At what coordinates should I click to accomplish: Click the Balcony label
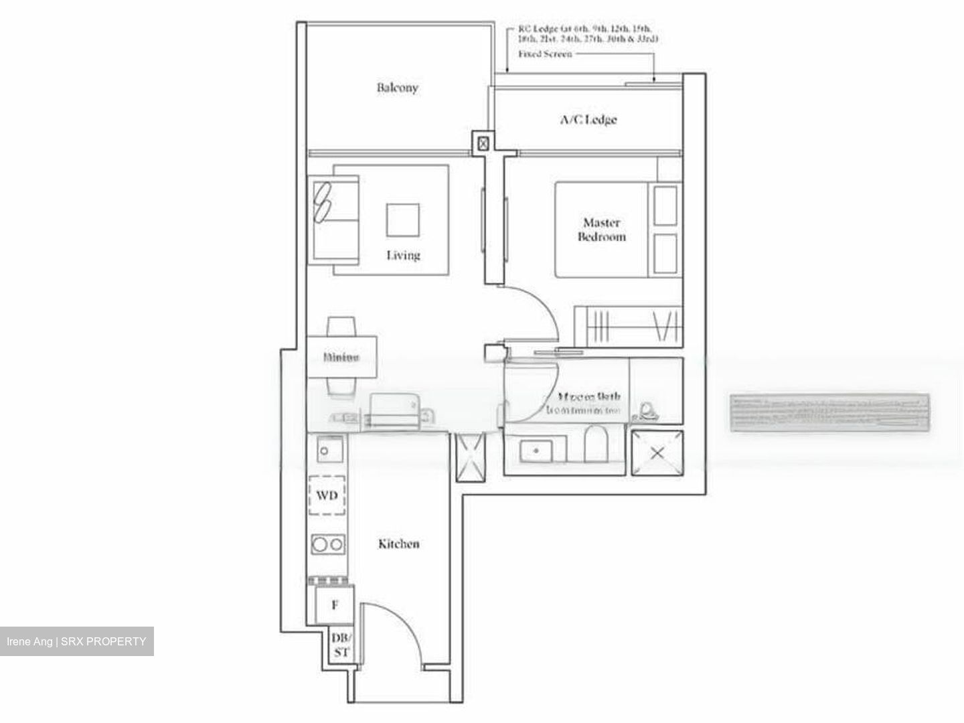click(x=397, y=88)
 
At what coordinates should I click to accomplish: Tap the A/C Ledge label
click(x=588, y=120)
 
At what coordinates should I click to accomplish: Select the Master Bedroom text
click(x=601, y=230)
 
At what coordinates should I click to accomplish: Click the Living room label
click(x=403, y=255)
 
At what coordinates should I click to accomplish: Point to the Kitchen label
click(x=399, y=544)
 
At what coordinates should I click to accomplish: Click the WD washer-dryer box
click(x=327, y=496)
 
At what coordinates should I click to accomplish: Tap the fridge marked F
click(x=334, y=605)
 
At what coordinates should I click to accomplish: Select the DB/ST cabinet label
click(x=341, y=645)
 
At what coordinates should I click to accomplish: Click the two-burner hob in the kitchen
click(x=328, y=544)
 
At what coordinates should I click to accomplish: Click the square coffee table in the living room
click(x=403, y=220)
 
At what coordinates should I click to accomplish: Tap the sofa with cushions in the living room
click(x=333, y=220)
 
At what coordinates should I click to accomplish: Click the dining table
click(x=341, y=357)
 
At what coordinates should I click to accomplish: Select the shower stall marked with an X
click(x=657, y=453)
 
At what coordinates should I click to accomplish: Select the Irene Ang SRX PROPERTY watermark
click(x=76, y=641)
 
